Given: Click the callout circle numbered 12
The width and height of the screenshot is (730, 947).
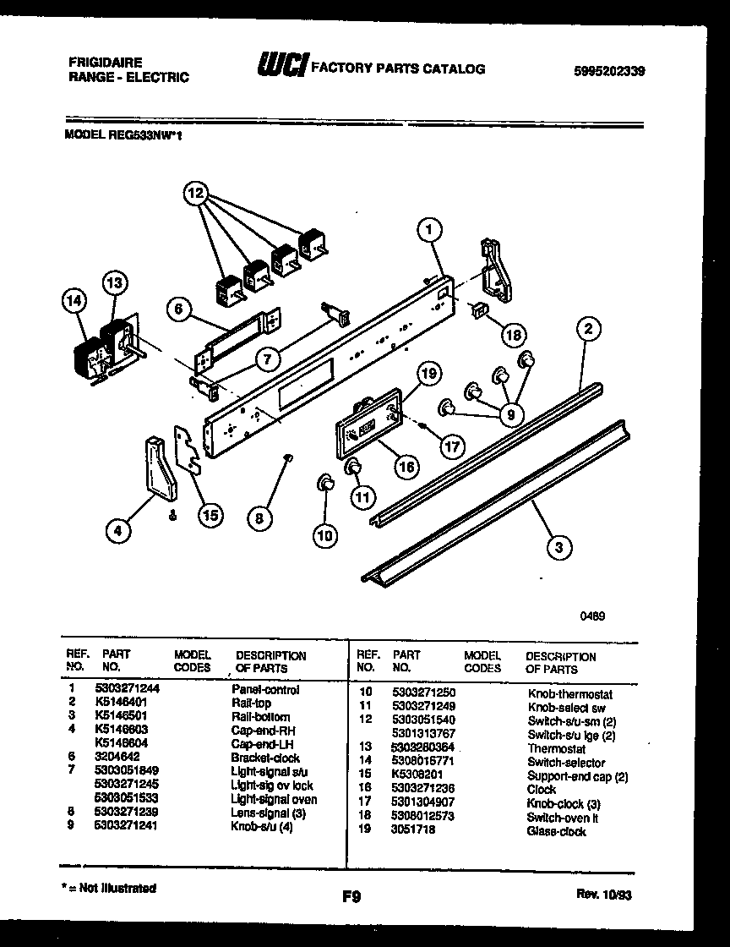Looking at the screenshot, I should point(195,194).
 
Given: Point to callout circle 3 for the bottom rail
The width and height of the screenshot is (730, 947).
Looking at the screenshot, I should point(557,548).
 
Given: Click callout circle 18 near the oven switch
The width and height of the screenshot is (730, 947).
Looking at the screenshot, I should point(511,334).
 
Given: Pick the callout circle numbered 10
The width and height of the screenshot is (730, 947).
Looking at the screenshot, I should point(324,534).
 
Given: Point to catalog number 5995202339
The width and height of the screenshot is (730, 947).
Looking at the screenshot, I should point(608,72).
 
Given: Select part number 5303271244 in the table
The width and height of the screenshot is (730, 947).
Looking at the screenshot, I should point(131,689).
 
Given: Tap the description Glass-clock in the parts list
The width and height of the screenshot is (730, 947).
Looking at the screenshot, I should point(556,831).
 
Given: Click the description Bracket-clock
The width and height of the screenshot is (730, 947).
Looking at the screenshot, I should point(264,758).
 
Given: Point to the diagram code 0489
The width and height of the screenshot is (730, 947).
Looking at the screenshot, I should point(592,616).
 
